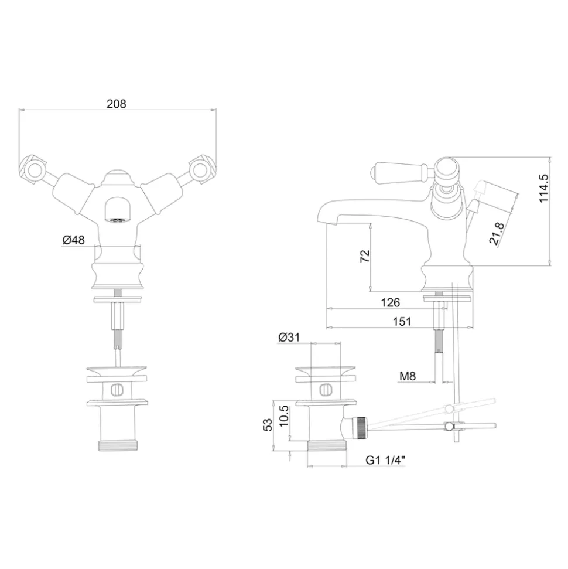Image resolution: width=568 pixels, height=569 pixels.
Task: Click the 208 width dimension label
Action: click(x=117, y=104)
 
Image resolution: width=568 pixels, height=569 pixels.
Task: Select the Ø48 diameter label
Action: click(x=74, y=240)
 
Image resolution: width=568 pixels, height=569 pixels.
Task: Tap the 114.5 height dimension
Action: click(x=543, y=188)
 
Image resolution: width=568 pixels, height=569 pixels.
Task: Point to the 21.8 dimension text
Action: click(x=497, y=234)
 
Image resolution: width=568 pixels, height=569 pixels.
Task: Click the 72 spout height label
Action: click(x=365, y=256)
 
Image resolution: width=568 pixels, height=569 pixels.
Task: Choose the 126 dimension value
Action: click(x=390, y=302)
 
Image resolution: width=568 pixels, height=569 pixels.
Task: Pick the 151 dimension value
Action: click(x=402, y=321)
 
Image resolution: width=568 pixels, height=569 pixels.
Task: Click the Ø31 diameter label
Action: click(x=289, y=337)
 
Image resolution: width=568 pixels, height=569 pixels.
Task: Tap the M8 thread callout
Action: click(x=408, y=376)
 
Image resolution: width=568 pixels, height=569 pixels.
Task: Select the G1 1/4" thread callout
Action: click(x=385, y=460)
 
